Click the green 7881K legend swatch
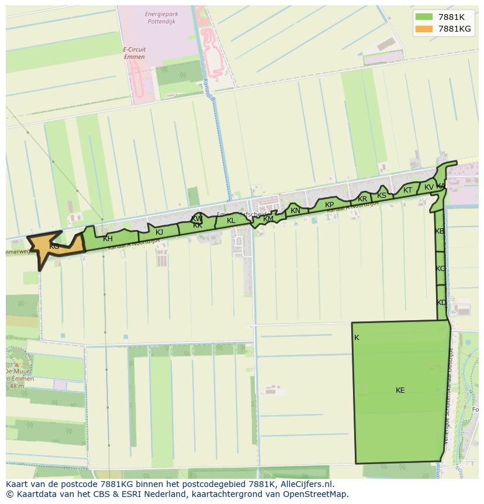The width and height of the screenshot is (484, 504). pos(424,17)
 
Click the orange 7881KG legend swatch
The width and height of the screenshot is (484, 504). pos(424,29)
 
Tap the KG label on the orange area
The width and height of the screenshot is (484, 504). pos(54,246)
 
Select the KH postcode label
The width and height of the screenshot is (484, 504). pos(108,239)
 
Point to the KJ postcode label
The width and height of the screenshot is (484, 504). pos(159,232)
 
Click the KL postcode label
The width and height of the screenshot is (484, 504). pos(231,221)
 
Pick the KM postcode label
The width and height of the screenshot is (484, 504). pos(268,219)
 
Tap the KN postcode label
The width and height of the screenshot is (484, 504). pos(295,211)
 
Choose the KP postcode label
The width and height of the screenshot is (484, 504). pos(329,205)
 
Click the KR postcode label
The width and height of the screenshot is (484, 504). pos(362,199)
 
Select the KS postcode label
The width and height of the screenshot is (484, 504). pos(382,196)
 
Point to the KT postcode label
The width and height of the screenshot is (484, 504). pos(407,190)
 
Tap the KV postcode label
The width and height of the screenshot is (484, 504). pos(429,187)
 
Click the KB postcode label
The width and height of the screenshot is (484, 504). pos(440,231)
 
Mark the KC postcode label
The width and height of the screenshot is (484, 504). pos(440,269)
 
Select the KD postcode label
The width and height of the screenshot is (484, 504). pos(441,303)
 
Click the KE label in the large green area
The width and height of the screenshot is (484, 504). pos(400,390)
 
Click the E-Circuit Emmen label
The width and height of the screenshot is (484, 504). pos(134,53)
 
